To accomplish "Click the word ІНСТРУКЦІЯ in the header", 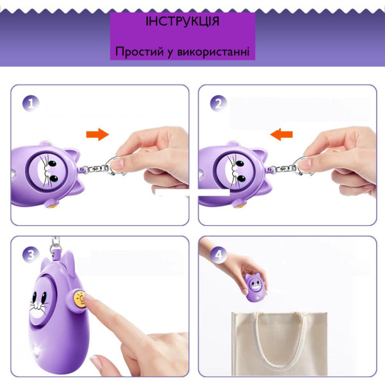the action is pyautogui.click(x=182, y=21).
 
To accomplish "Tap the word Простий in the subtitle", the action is pyautogui.click(x=139, y=52).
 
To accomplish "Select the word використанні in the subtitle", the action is pyautogui.click(x=213, y=52).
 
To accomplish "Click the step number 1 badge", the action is pyautogui.click(x=31, y=103).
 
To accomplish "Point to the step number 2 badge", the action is pyautogui.click(x=218, y=103).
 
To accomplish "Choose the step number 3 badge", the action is pyautogui.click(x=31, y=255).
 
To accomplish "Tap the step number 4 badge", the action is pyautogui.click(x=218, y=255).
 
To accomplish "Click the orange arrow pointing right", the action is pyautogui.click(x=98, y=134).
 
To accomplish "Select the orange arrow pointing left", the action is pyautogui.click(x=282, y=134).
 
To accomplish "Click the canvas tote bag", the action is pyautogui.click(x=279, y=344).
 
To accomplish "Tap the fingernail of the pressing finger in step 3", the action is pyautogui.click(x=88, y=297).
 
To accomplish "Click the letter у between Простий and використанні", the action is pyautogui.click(x=170, y=53).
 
